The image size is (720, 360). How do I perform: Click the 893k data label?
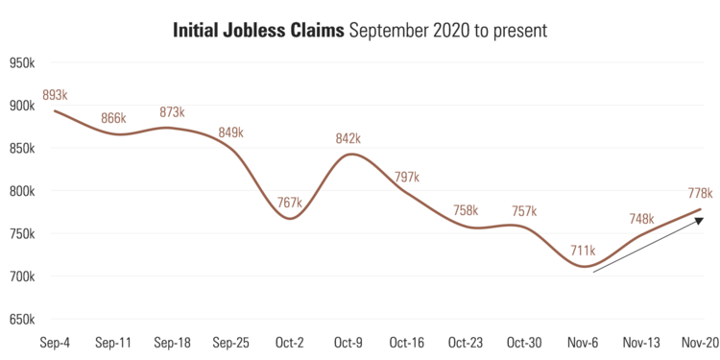click(x=55, y=95)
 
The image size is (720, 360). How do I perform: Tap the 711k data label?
click(x=583, y=252)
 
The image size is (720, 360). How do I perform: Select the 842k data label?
click(x=348, y=138)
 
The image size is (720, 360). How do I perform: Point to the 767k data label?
click(x=290, y=203)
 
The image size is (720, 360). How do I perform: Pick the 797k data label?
click(x=407, y=178)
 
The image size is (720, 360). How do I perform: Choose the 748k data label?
click(x=640, y=219)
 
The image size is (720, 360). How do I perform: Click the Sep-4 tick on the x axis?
click(x=54, y=342)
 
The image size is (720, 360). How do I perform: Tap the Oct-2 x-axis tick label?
click(x=290, y=342)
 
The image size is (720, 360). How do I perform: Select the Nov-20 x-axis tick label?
click(x=700, y=342)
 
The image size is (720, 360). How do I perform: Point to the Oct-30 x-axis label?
click(x=524, y=342)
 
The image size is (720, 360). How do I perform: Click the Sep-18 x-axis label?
click(x=172, y=342)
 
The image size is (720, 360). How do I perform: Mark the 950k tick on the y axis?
click(x=22, y=63)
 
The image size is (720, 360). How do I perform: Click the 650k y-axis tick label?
click(x=22, y=319)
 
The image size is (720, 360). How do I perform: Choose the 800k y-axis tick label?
click(x=22, y=191)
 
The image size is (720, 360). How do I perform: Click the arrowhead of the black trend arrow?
click(x=700, y=222)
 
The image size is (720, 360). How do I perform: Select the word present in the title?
click(x=519, y=31)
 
